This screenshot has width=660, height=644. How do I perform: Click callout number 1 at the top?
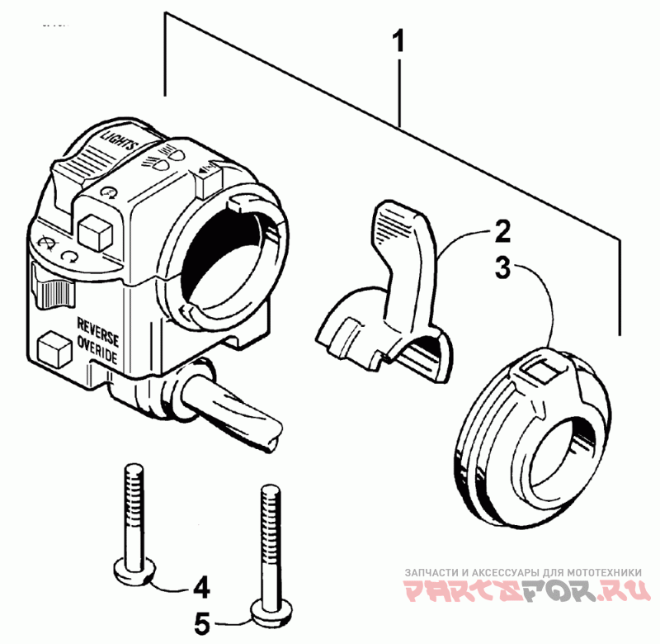tap(398, 42)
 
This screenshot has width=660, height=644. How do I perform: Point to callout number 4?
tap(200, 589)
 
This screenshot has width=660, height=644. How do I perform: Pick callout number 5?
tap(200, 619)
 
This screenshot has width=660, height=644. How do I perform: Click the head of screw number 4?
tap(130, 570)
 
